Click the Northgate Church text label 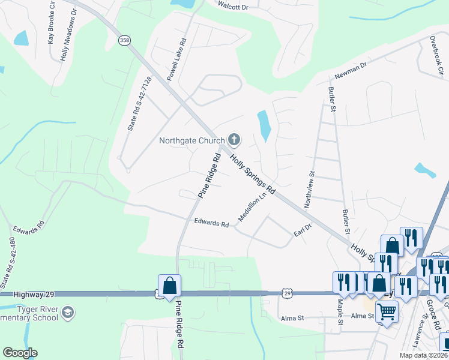[192, 141]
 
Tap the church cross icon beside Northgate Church [234, 140]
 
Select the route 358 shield [124, 40]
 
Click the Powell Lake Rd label [177, 61]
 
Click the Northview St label [310, 189]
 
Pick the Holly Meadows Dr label [68, 36]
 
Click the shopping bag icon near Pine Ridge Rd [169, 286]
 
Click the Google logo [20, 353]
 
